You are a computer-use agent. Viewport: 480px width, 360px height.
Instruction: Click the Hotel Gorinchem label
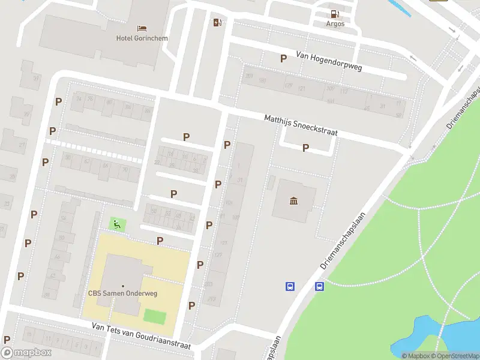click(x=142, y=38)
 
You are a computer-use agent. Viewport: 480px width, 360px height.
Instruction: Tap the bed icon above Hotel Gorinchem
click(x=142, y=28)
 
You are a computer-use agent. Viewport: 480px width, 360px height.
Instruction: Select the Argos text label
click(x=335, y=24)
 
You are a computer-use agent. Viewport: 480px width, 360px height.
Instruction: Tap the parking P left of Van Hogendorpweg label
click(x=283, y=58)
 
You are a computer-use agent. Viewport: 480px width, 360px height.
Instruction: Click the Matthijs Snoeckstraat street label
click(x=301, y=125)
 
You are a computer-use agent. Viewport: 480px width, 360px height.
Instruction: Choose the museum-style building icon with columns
click(x=294, y=200)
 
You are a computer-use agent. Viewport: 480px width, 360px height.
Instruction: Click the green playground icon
click(x=117, y=224)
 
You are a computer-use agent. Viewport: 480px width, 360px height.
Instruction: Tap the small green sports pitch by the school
click(x=155, y=315)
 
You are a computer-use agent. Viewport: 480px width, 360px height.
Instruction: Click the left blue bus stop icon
click(x=290, y=287)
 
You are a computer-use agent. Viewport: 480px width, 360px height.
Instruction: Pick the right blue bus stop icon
click(x=320, y=287)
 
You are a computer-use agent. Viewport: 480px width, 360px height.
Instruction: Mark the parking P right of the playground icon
click(x=160, y=241)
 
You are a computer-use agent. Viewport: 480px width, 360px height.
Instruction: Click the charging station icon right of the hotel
click(x=217, y=23)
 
